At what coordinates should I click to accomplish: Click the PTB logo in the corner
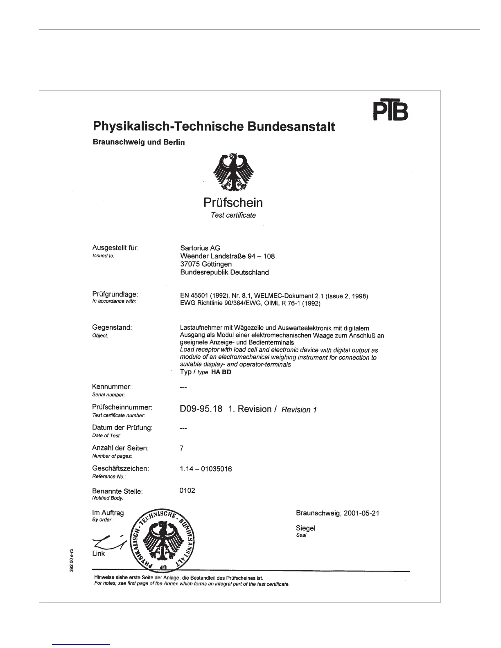(x=391, y=111)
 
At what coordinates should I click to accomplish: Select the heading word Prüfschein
(x=233, y=202)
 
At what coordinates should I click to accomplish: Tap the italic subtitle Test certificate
(x=233, y=215)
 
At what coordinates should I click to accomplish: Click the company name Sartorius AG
(x=200, y=248)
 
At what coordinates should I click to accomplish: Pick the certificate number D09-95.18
(x=201, y=409)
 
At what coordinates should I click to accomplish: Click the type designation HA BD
(x=221, y=372)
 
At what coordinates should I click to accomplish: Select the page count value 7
(x=182, y=448)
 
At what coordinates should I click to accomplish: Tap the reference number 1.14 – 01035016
(x=205, y=469)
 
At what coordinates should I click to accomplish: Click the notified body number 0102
(x=187, y=490)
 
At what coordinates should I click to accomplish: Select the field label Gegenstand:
(x=112, y=328)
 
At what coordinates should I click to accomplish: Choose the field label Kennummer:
(x=112, y=387)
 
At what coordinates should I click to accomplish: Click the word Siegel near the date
(x=305, y=528)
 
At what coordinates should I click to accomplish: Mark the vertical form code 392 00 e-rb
(x=71, y=560)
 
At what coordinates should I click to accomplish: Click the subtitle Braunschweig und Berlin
(x=139, y=142)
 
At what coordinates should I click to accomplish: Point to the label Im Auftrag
(x=108, y=513)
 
